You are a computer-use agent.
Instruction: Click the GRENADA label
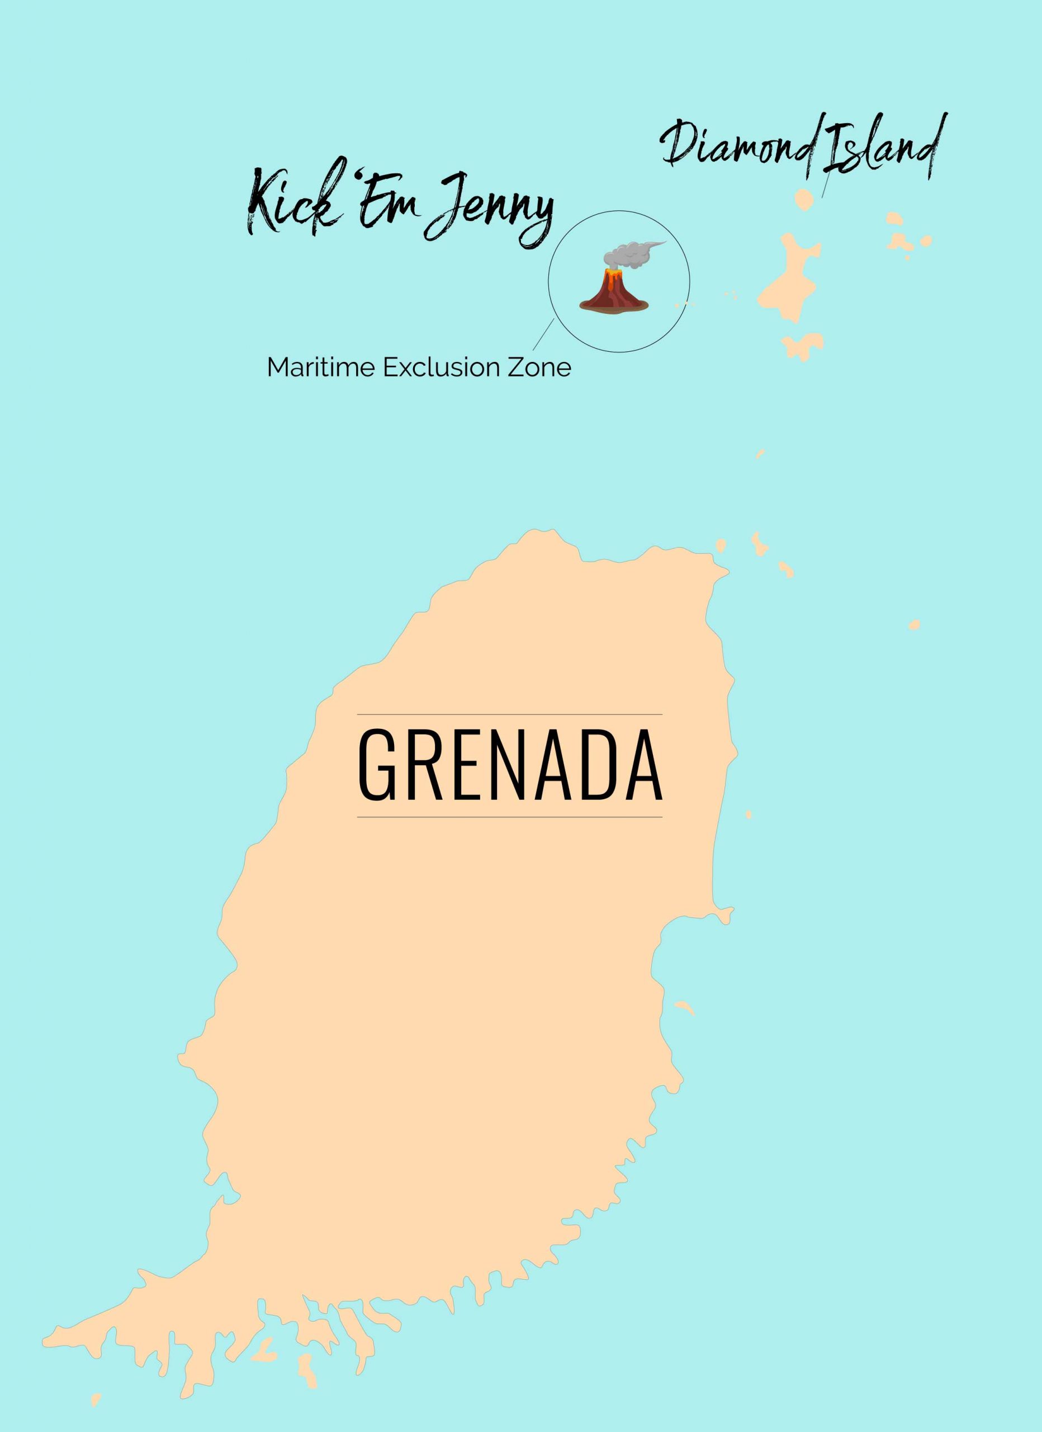510,765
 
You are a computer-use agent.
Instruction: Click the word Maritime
322,368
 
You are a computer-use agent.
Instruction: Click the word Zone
539,368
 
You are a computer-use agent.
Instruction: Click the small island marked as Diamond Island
804,200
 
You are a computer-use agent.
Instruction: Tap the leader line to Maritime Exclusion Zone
543,335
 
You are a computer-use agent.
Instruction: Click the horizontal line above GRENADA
510,714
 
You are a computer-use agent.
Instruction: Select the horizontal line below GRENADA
510,817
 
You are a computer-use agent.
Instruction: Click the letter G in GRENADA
377,765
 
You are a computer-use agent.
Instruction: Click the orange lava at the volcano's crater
612,275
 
